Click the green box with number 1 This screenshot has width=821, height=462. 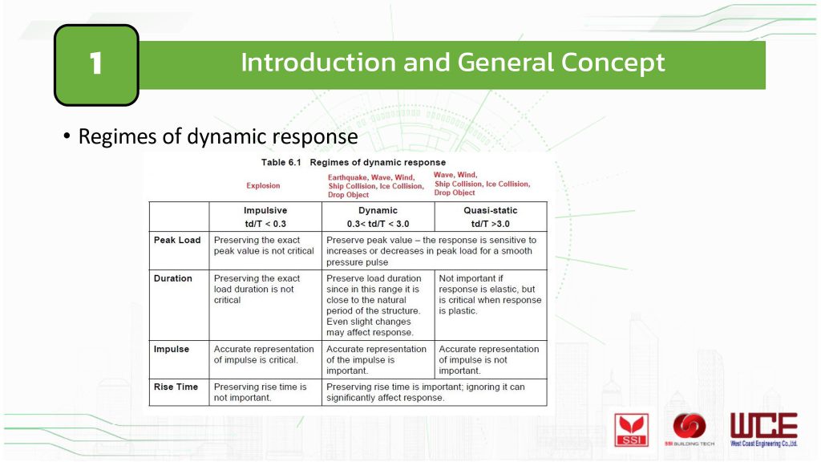(96, 65)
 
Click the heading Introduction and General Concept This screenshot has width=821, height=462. (452, 63)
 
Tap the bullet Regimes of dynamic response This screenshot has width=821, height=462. (211, 136)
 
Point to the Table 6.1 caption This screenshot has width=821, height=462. (354, 162)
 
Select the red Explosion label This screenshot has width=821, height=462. (263, 185)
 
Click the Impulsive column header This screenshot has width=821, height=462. (265, 217)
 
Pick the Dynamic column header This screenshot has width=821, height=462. (378, 217)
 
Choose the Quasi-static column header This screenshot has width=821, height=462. (491, 217)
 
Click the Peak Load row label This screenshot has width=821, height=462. (177, 240)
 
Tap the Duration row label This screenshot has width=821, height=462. (173, 278)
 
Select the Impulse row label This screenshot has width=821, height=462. (172, 349)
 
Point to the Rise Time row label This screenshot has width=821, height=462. (176, 387)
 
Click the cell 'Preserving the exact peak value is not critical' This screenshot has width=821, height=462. (264, 245)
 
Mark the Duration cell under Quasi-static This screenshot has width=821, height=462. (490, 294)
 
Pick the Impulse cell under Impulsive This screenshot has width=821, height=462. (264, 354)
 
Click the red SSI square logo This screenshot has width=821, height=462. (632, 430)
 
